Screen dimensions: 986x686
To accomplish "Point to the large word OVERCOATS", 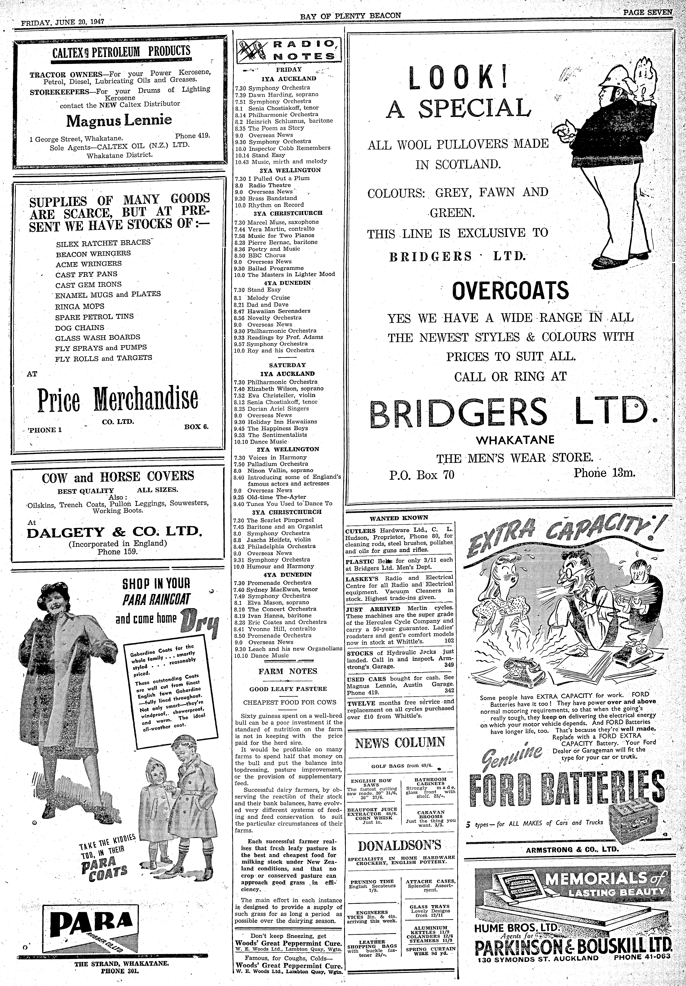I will [x=510, y=291].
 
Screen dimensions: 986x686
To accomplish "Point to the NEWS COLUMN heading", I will [x=400, y=742].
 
